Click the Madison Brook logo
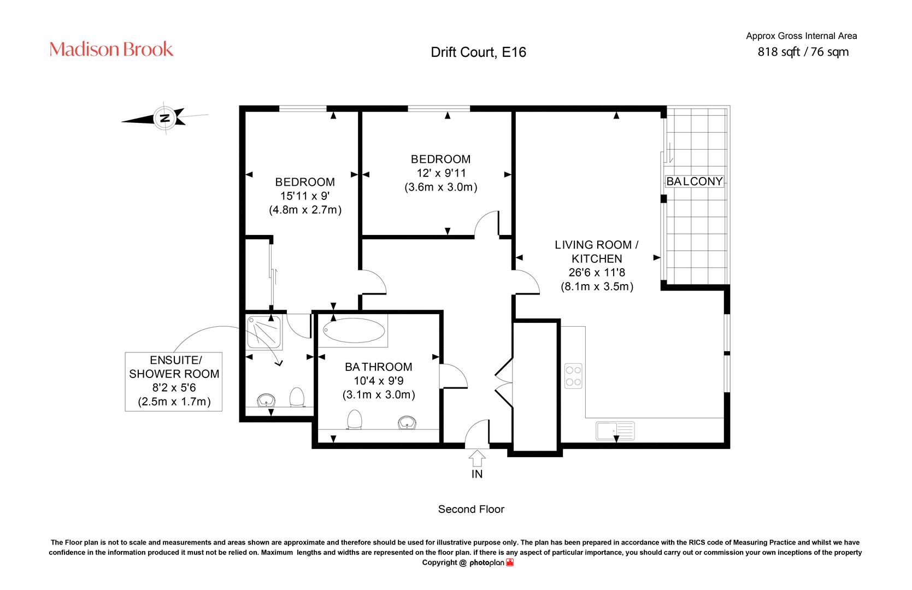click(111, 49)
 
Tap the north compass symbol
click(165, 118)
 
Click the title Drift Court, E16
click(478, 52)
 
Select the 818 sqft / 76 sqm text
click(803, 52)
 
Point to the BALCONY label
click(695, 181)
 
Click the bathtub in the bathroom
click(354, 330)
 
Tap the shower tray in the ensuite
click(264, 332)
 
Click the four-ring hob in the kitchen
click(573, 376)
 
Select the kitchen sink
click(615, 431)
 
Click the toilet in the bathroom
click(354, 420)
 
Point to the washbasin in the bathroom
click(407, 422)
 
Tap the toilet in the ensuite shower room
click(297, 397)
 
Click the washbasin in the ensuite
click(266, 400)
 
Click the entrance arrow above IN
click(477, 458)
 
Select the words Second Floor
click(471, 509)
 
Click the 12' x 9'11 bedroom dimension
click(441, 173)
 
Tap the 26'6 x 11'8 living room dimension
click(597, 273)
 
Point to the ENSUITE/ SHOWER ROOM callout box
click(174, 381)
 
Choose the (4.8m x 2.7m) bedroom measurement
click(305, 210)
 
